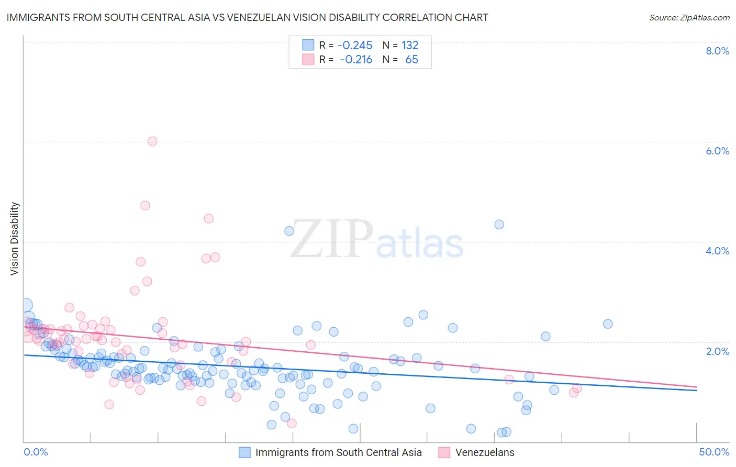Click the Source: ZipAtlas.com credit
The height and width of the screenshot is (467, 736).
tap(689, 17)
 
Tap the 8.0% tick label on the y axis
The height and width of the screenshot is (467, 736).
tap(717, 51)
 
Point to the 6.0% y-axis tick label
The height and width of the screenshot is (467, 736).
tap(717, 151)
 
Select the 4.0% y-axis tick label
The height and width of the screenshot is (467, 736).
tap(717, 251)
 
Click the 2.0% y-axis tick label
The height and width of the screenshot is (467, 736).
tap(717, 351)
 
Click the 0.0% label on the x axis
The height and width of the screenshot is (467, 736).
tap(36, 452)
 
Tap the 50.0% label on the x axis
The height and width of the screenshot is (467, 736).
tap(713, 452)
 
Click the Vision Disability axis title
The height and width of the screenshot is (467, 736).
tap(15, 238)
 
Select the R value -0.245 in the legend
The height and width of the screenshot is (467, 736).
tap(355, 46)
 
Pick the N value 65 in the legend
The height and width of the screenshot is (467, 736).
tap(411, 60)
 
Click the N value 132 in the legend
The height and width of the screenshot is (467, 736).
tap(410, 46)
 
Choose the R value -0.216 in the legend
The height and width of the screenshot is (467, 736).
tap(356, 60)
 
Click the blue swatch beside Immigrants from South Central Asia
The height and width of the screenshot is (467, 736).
tap(244, 452)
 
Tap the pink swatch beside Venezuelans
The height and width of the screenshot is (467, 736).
tap(444, 452)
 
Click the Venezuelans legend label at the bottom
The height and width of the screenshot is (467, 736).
tap(485, 452)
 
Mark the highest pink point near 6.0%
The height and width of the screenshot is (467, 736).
tap(152, 141)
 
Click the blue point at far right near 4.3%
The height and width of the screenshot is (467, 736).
tap(499, 224)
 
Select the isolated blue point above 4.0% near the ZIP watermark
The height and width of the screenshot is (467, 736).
tap(289, 231)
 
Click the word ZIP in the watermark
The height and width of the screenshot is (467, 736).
tap(332, 239)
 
